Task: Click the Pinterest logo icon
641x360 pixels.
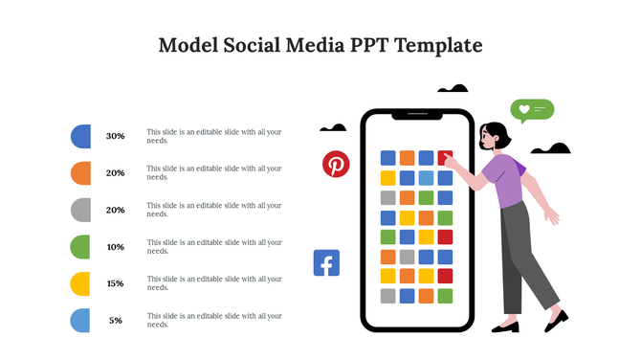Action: point(336,164)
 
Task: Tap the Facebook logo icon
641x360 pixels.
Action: point(326,262)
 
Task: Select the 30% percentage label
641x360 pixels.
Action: point(116,136)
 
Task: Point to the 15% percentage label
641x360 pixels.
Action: point(116,283)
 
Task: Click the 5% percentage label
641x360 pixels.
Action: point(116,320)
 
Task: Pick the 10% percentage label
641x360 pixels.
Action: point(116,247)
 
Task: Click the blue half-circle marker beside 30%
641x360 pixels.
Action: point(81,136)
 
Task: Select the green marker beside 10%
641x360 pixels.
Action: point(81,247)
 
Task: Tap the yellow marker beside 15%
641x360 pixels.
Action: point(81,283)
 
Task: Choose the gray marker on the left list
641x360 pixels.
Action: point(81,210)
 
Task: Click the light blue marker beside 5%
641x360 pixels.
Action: point(81,321)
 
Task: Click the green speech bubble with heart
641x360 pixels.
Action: point(532,109)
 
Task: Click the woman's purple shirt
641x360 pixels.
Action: point(504,180)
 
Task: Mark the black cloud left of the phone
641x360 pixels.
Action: point(333,127)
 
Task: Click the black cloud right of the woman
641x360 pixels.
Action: point(551,148)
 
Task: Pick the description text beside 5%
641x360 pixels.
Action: point(213,320)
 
